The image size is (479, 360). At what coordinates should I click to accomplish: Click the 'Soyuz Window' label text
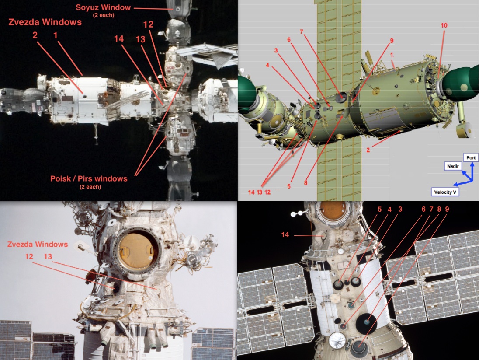(103, 7)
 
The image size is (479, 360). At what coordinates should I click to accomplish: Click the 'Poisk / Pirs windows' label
(89, 178)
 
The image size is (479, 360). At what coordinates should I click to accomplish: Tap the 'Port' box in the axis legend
(471, 157)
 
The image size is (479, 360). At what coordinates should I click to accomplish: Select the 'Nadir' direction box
(453, 166)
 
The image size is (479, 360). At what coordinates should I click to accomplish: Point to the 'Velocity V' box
(445, 192)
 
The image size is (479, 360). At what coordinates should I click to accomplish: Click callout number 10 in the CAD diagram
(444, 25)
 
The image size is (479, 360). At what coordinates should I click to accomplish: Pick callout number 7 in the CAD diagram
(302, 31)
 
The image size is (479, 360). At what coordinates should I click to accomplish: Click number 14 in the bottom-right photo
(285, 234)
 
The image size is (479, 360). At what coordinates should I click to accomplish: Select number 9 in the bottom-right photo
(447, 209)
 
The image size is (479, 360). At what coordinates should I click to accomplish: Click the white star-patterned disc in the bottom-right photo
(337, 340)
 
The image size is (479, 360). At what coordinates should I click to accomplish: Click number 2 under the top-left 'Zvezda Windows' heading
(35, 35)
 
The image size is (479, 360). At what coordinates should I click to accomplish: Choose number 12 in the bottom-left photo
(29, 256)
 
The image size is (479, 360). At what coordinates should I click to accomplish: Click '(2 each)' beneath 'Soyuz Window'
(104, 15)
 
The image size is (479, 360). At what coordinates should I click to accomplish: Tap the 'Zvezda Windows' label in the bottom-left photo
(38, 245)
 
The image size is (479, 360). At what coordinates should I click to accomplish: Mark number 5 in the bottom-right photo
(380, 209)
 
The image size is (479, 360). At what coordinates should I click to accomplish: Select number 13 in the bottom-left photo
(48, 256)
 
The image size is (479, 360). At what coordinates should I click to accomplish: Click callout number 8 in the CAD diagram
(305, 183)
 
